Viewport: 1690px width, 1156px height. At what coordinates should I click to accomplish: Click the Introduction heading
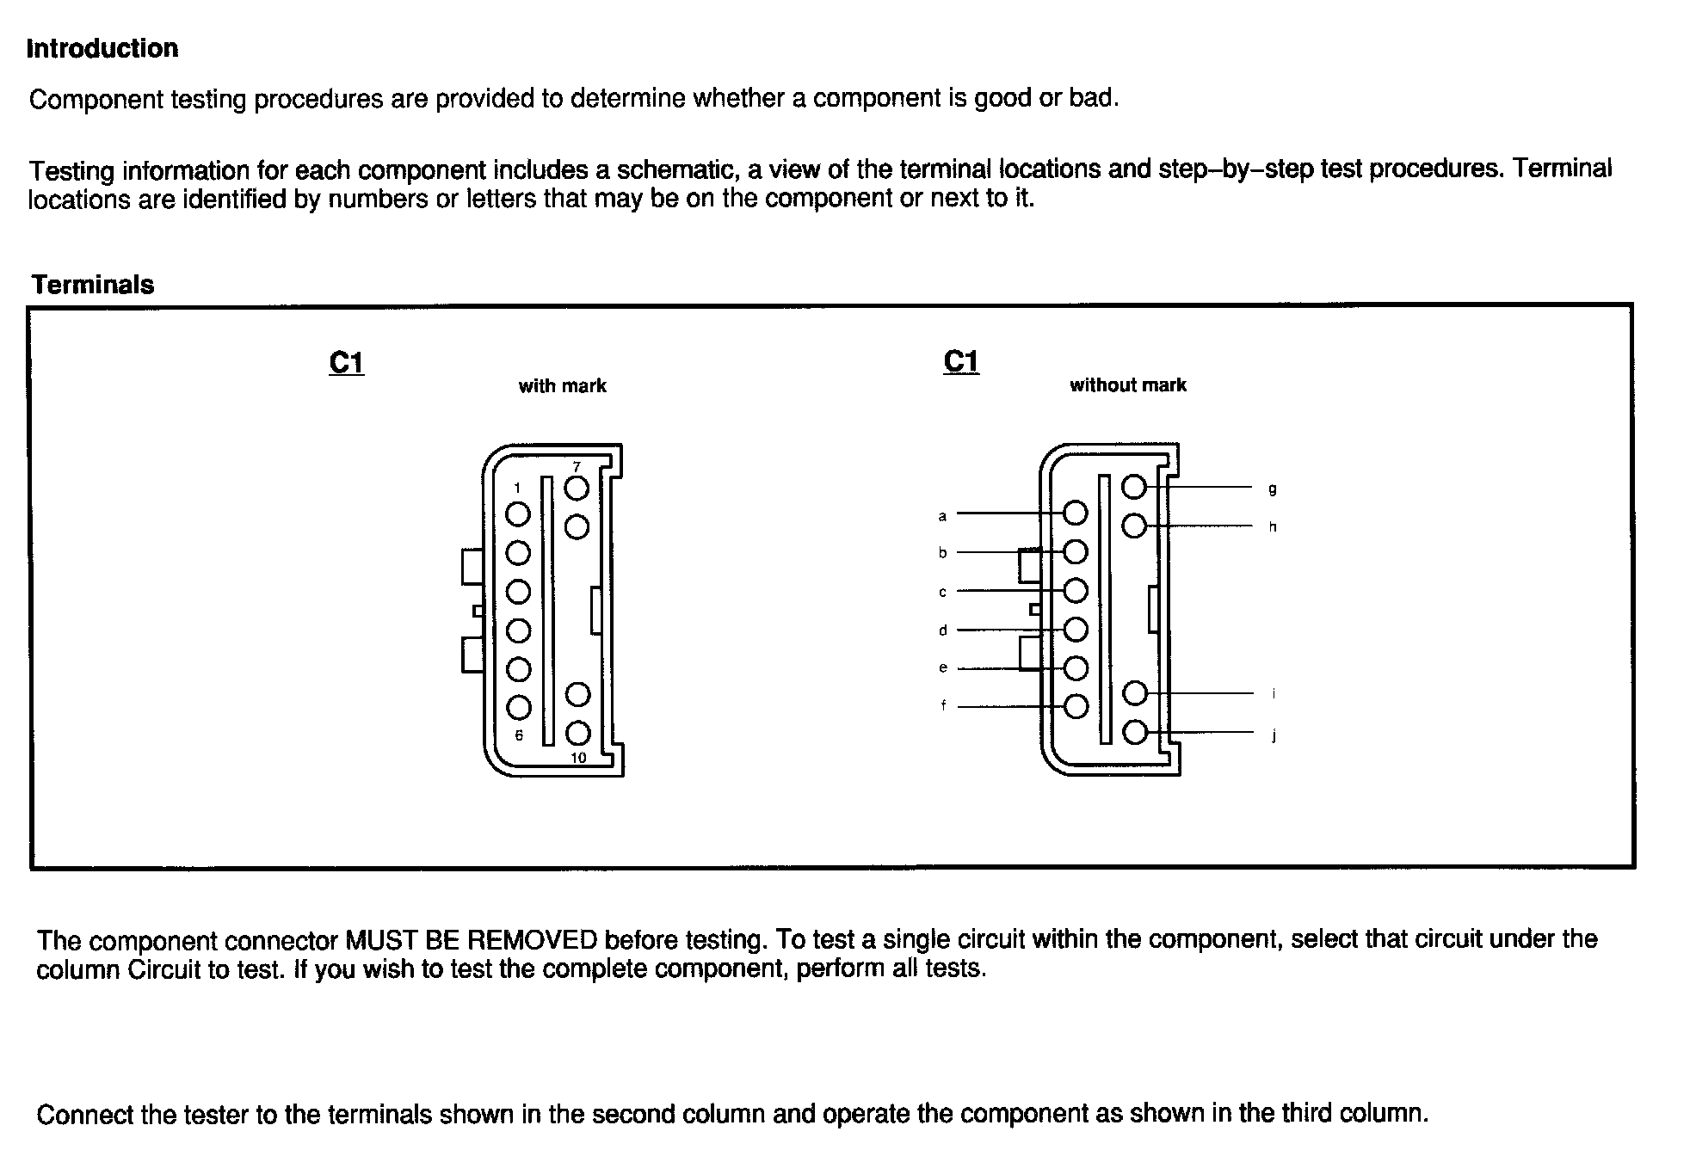[x=102, y=48]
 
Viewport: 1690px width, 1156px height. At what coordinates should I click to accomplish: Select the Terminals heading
[x=93, y=285]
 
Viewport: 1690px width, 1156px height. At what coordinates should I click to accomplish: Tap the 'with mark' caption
[x=562, y=386]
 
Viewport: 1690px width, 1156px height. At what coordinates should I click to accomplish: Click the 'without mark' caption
[x=1127, y=385]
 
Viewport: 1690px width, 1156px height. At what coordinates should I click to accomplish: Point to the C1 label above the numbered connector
[x=347, y=363]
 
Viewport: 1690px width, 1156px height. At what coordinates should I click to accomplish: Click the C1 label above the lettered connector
[x=961, y=361]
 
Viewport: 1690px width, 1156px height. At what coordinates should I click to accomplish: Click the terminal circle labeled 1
[x=518, y=514]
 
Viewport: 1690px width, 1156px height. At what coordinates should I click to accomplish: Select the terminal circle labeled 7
[x=577, y=489]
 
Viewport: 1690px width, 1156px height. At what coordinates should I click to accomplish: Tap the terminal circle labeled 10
[x=578, y=733]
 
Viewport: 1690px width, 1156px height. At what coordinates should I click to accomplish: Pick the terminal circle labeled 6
[x=519, y=707]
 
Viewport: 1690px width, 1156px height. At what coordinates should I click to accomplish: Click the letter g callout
[x=1273, y=489]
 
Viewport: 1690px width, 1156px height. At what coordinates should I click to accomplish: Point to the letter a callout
[x=942, y=516]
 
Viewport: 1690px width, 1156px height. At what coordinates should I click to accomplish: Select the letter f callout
[x=943, y=706]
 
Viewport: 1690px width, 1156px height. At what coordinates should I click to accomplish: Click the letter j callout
[x=1274, y=735]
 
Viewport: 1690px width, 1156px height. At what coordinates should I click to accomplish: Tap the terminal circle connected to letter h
[x=1135, y=526]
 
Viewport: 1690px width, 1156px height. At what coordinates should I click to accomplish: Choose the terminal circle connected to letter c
[x=1076, y=591]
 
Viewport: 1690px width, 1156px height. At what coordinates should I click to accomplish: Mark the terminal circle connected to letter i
[x=1136, y=692]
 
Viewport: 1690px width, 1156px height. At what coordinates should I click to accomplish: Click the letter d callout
[x=942, y=630]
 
